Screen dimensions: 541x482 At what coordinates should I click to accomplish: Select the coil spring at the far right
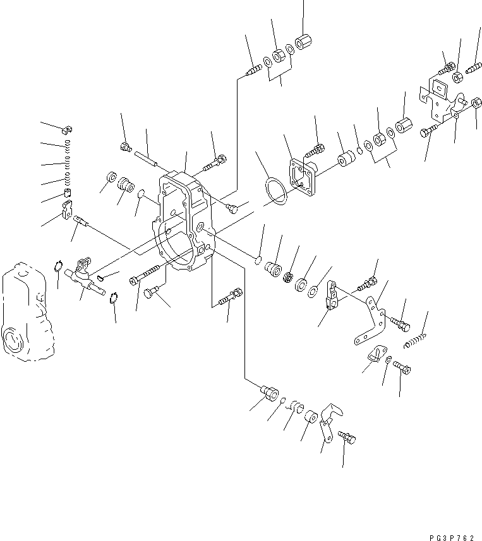tap(416, 341)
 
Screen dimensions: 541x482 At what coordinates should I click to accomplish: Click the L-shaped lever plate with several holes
tap(372, 322)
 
